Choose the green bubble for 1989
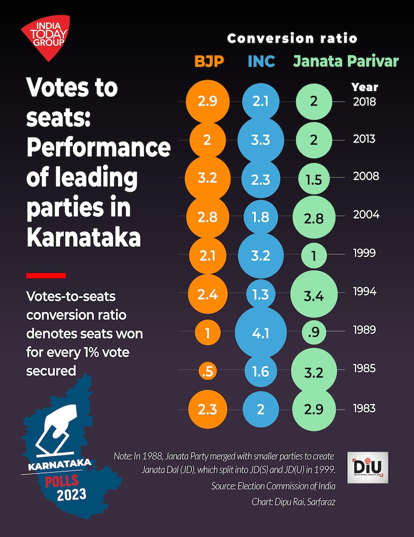pyautogui.click(x=314, y=332)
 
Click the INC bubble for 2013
pyautogui.click(x=260, y=140)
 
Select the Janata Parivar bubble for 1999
pyautogui.click(x=314, y=254)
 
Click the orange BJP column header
pyautogui.click(x=209, y=61)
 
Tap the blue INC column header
pyautogui.click(x=261, y=61)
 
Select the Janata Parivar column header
pyautogui.click(x=346, y=61)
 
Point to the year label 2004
pyautogui.click(x=366, y=214)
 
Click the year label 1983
pyautogui.click(x=364, y=409)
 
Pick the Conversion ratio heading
pyautogui.click(x=292, y=38)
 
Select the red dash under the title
pyautogui.click(x=46, y=275)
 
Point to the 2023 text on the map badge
pyautogui.click(x=72, y=493)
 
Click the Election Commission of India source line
pyautogui.click(x=273, y=486)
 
